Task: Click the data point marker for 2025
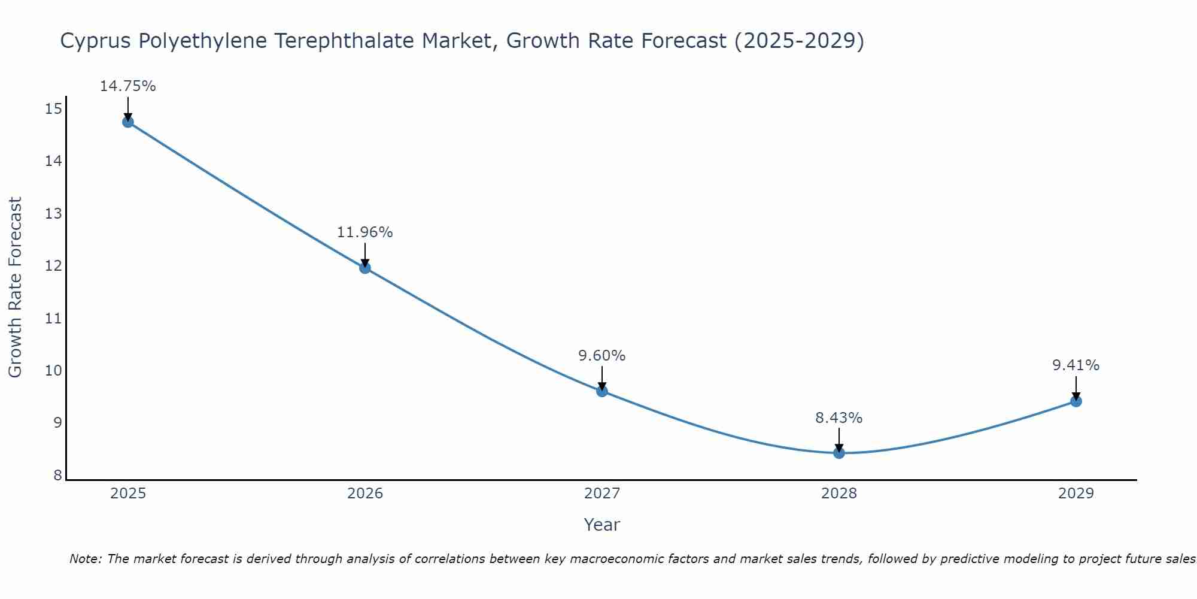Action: [128, 122]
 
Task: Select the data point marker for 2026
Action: [365, 268]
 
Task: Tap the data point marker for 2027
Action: [602, 391]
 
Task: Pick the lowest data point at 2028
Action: [839, 453]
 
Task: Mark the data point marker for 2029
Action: [1076, 401]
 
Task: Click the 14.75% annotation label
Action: [127, 86]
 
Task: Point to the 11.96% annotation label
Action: [364, 232]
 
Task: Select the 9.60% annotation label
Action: [601, 356]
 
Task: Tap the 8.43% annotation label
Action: [838, 418]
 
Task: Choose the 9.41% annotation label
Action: [1076, 365]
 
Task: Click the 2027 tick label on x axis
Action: [602, 494]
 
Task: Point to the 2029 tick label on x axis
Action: [1076, 494]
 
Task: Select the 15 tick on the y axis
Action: [53, 109]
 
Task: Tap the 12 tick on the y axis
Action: [53, 266]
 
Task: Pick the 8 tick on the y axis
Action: [57, 476]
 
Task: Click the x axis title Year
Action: [601, 525]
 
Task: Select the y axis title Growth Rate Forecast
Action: [16, 288]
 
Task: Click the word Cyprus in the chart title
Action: [96, 41]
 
